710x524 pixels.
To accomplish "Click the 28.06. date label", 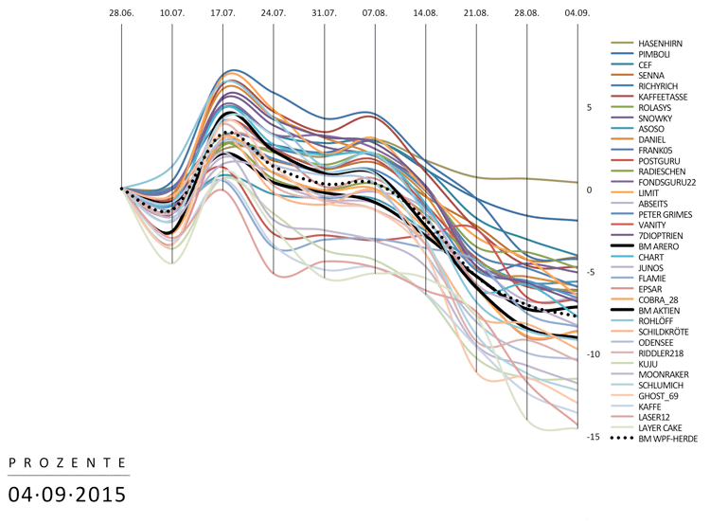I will pyautogui.click(x=121, y=14).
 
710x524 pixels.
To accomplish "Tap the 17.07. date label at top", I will pyautogui.click(x=222, y=14).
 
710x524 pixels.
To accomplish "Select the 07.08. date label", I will pyautogui.click(x=375, y=14).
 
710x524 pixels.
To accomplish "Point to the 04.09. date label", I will pyautogui.click(x=577, y=14).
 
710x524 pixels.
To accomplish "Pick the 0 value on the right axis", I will pyautogui.click(x=589, y=190).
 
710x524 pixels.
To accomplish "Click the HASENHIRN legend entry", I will pyautogui.click(x=662, y=44).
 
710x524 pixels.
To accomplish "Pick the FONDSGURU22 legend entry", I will pyautogui.click(x=667, y=182).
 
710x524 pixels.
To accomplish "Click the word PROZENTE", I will pyautogui.click(x=67, y=462).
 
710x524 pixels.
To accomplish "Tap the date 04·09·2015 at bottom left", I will pyautogui.click(x=67, y=494).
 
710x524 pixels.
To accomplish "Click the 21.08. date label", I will pyautogui.click(x=476, y=14).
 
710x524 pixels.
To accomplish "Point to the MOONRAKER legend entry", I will pyautogui.click(x=664, y=374).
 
